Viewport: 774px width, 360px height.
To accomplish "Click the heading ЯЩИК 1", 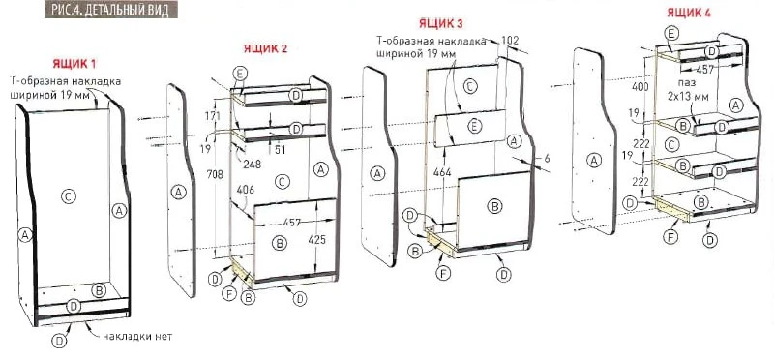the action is pyautogui.click(x=74, y=64).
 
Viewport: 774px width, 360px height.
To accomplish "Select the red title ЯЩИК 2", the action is pyautogui.click(x=265, y=48).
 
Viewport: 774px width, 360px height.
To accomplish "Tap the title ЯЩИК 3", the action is pyautogui.click(x=441, y=23).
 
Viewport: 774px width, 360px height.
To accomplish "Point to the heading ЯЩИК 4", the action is pyautogui.click(x=689, y=13).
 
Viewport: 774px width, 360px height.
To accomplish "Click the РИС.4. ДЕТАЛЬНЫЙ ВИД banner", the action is pyautogui.click(x=111, y=10).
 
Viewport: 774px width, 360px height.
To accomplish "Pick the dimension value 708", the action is pyautogui.click(x=216, y=174).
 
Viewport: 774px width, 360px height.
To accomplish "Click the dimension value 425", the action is pyautogui.click(x=317, y=239).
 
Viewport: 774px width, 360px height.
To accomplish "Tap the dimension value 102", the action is pyautogui.click(x=510, y=41).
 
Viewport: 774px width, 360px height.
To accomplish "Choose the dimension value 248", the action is pyautogui.click(x=253, y=164).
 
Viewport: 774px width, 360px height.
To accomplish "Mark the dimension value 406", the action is pyautogui.click(x=246, y=190).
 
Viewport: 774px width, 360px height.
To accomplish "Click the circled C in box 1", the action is pyautogui.click(x=68, y=196).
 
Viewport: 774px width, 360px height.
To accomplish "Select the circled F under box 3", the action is pyautogui.click(x=443, y=272).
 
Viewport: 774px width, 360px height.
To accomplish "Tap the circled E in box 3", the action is pyautogui.click(x=474, y=127).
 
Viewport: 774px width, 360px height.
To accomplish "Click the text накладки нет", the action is pyautogui.click(x=137, y=337).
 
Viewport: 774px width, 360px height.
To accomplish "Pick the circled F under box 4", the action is pyautogui.click(x=670, y=237).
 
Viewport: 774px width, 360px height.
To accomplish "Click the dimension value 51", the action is pyautogui.click(x=281, y=150).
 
